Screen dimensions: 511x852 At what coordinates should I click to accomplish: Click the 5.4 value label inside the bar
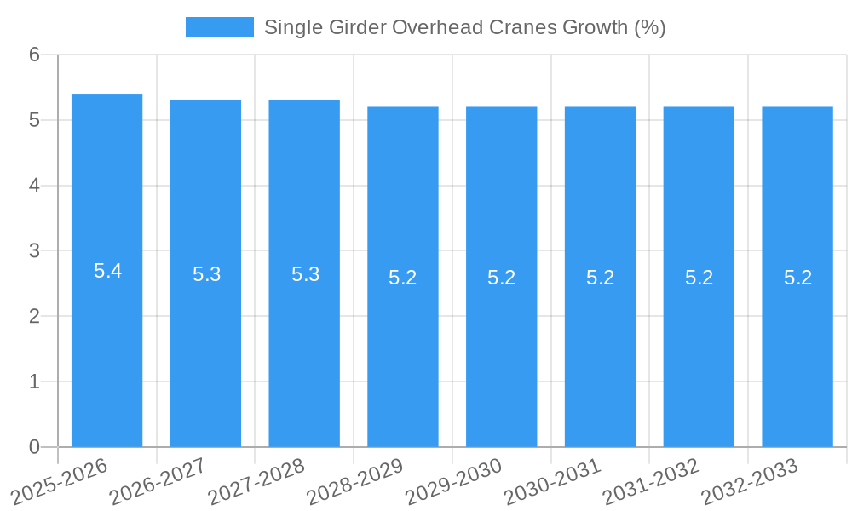pos(107,271)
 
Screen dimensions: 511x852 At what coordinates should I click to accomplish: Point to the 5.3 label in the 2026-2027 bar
pos(206,274)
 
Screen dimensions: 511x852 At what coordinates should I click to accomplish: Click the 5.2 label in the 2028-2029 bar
pos(403,278)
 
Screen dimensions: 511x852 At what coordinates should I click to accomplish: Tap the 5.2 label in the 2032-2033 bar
pos(797,278)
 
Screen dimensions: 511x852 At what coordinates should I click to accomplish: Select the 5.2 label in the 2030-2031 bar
pos(600,278)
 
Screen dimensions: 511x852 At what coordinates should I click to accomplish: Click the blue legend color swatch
pos(219,27)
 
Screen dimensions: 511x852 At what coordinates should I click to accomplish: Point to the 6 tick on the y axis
pos(35,55)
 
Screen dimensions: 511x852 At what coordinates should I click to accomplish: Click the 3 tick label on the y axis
pos(35,251)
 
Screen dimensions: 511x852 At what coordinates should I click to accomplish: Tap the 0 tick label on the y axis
pos(35,447)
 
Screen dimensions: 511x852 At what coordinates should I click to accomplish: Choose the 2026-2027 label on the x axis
pos(158,479)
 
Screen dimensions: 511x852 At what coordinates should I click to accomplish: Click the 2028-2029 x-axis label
pos(354,479)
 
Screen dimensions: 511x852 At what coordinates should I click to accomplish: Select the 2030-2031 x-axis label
pos(552,479)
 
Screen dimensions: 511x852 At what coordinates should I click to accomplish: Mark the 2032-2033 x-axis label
pos(749,479)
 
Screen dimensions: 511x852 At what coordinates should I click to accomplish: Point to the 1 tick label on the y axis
pos(35,382)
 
